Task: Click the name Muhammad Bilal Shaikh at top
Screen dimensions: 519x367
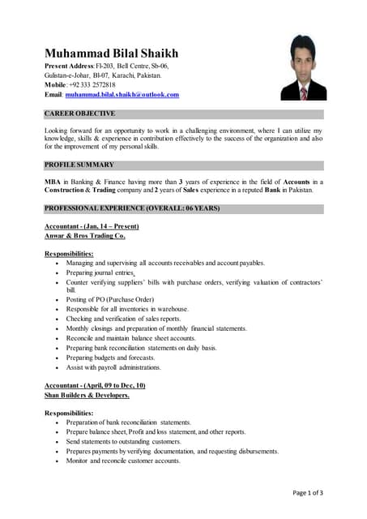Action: [x=111, y=54]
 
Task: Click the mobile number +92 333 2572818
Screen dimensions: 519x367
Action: [x=92, y=84]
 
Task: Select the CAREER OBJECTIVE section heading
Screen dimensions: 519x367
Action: [x=79, y=114]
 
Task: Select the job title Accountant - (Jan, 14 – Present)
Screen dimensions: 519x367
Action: [x=92, y=225]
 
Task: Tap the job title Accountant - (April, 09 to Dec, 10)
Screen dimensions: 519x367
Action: [x=95, y=385]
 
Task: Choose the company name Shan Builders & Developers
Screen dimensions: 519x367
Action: [x=87, y=395]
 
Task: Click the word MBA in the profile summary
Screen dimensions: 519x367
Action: [x=53, y=182]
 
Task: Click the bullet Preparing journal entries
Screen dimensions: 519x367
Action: [x=100, y=272]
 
